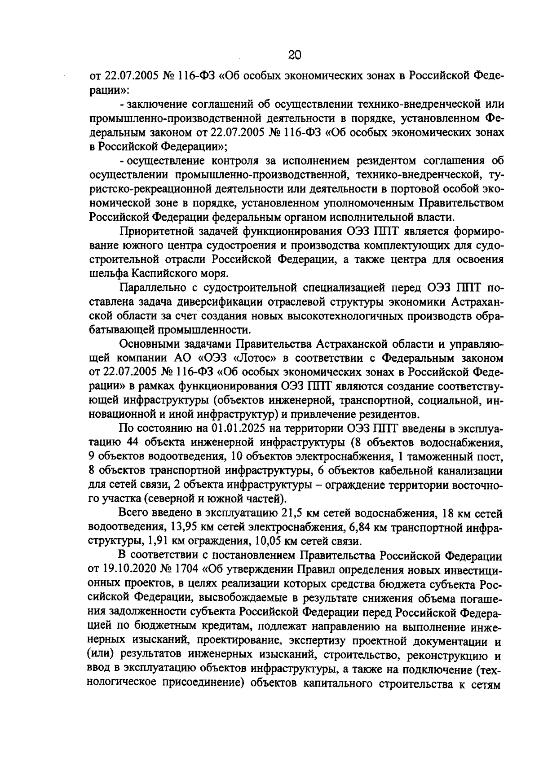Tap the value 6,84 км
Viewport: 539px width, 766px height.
click(350, 527)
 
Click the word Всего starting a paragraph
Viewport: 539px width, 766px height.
click(133, 513)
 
